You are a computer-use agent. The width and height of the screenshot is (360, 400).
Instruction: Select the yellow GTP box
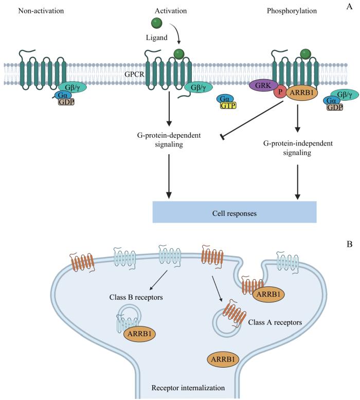point(228,106)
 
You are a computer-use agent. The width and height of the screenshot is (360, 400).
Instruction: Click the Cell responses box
point(234,212)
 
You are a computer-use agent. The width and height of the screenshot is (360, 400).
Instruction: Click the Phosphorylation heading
point(293,10)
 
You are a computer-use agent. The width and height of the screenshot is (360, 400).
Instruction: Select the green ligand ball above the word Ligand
point(156,23)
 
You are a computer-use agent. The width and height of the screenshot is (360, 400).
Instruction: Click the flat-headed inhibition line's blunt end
point(222,136)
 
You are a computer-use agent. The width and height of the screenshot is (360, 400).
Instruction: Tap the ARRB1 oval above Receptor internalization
point(224,359)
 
